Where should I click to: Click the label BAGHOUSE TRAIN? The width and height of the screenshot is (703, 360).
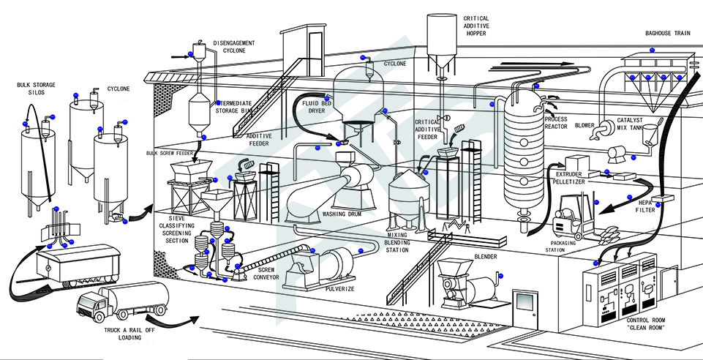pos(664,33)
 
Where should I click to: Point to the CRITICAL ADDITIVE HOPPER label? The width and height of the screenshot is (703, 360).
pos(476,26)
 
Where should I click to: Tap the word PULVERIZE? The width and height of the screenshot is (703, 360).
pos(339,289)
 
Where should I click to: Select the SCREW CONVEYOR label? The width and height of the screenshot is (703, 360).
pos(266,274)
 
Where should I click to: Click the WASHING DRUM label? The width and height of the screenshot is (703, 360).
pos(342,214)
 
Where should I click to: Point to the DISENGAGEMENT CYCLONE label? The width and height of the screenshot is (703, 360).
pos(234,47)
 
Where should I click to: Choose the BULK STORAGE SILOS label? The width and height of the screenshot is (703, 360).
pos(37,89)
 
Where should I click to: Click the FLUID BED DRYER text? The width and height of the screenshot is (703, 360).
pos(317,107)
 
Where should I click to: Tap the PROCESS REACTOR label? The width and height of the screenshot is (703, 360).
pos(556,123)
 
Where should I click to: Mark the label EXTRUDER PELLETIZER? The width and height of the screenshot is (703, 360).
pos(568,178)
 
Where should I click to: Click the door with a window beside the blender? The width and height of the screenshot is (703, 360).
pos(525,310)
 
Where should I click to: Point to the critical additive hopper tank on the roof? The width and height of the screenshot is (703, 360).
pos(442,40)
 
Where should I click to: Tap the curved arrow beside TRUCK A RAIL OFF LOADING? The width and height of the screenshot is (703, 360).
pos(173,320)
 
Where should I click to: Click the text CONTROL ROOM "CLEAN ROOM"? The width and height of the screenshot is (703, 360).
pos(646,324)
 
